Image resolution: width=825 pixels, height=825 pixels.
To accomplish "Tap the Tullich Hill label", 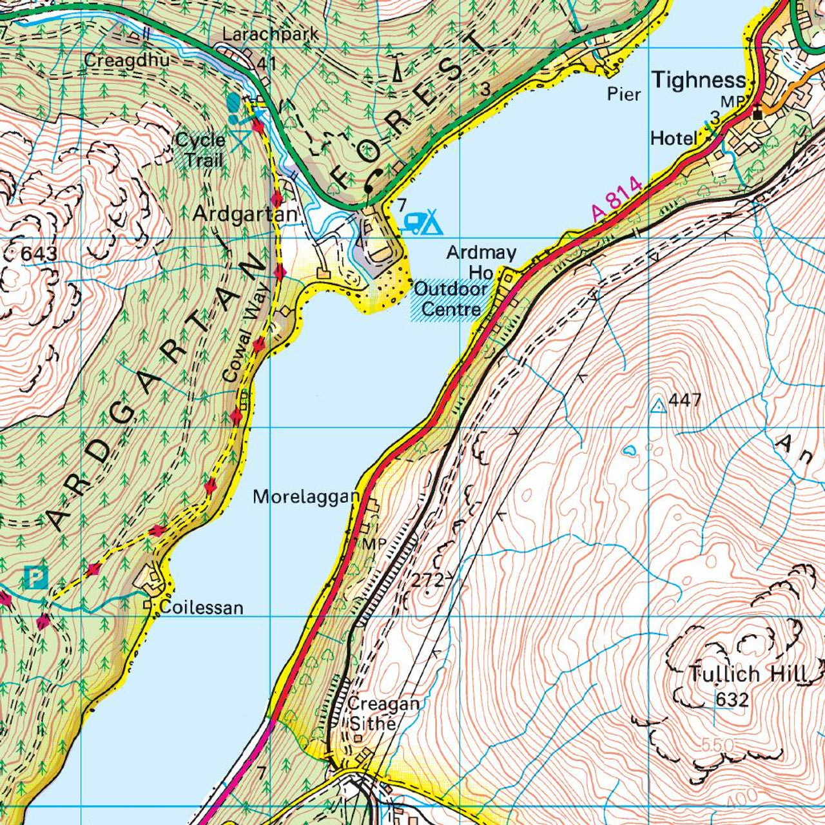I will pos(748,675).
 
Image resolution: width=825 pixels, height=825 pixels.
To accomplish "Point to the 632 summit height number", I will pos(733,699).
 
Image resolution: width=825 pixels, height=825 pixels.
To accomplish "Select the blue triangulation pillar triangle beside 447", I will pos(658,405).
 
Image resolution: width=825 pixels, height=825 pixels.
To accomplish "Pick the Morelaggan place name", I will pos(306,497).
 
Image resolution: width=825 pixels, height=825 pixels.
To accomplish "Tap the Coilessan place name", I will pos(201,608).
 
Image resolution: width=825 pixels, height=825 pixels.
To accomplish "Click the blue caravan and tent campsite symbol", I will pos(423,222).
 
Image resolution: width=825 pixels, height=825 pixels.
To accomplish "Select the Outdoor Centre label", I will pos(450,299).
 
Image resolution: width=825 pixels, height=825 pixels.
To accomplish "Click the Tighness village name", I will pos(698,81).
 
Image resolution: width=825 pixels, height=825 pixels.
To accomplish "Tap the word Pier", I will pos(624,95).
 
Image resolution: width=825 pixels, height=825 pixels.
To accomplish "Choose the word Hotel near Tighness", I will pos(674,139).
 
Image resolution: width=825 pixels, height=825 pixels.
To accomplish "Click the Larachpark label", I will pos(271,35).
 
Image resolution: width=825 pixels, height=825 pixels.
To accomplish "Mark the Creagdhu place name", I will pos(127,61).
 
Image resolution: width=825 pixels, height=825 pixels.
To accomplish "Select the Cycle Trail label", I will pos(200,150).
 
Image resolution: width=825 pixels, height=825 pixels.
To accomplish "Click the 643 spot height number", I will pos(39,254).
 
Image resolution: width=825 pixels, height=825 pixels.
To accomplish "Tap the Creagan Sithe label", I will pos(383,713).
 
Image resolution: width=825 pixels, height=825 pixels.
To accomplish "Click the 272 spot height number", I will pos(428,581).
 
